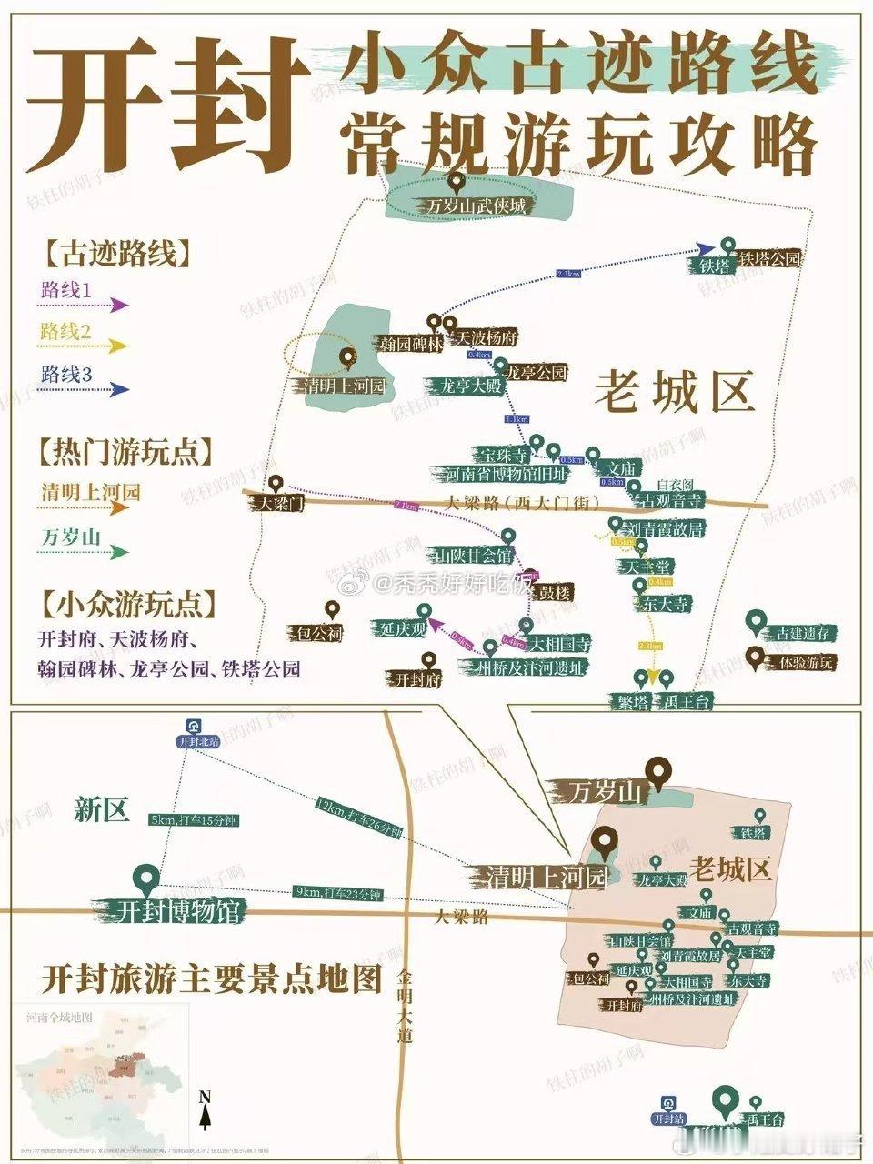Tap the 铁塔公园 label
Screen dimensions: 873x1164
point(771,259)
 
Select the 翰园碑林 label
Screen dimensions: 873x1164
point(411,344)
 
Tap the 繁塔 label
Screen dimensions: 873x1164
point(629,701)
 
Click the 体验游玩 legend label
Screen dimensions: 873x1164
point(801,662)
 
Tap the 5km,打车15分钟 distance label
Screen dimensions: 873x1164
point(193,819)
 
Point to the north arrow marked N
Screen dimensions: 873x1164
point(206,1109)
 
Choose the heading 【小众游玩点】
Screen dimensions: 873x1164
point(127,604)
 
